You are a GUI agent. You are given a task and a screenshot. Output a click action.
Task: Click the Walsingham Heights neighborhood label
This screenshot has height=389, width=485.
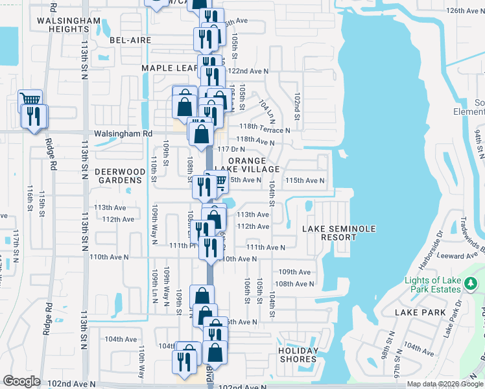(x=69, y=25)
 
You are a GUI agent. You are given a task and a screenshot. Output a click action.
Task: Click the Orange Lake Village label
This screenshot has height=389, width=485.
(x=252, y=165)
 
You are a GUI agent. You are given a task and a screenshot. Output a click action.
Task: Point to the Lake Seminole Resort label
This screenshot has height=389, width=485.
(x=329, y=233)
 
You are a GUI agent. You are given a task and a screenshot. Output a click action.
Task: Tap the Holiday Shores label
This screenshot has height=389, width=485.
(x=298, y=355)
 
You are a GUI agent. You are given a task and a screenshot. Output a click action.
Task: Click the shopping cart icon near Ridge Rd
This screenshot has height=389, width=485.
(x=30, y=99)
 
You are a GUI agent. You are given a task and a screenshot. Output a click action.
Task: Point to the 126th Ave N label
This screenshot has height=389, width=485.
(x=466, y=11)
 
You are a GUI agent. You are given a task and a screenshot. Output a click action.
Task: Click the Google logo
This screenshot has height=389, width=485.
(x=21, y=381)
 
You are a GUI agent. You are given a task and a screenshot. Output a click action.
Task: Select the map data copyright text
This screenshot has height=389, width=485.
(x=445, y=384)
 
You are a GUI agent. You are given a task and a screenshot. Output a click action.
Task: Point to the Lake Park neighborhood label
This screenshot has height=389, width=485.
(x=420, y=312)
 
